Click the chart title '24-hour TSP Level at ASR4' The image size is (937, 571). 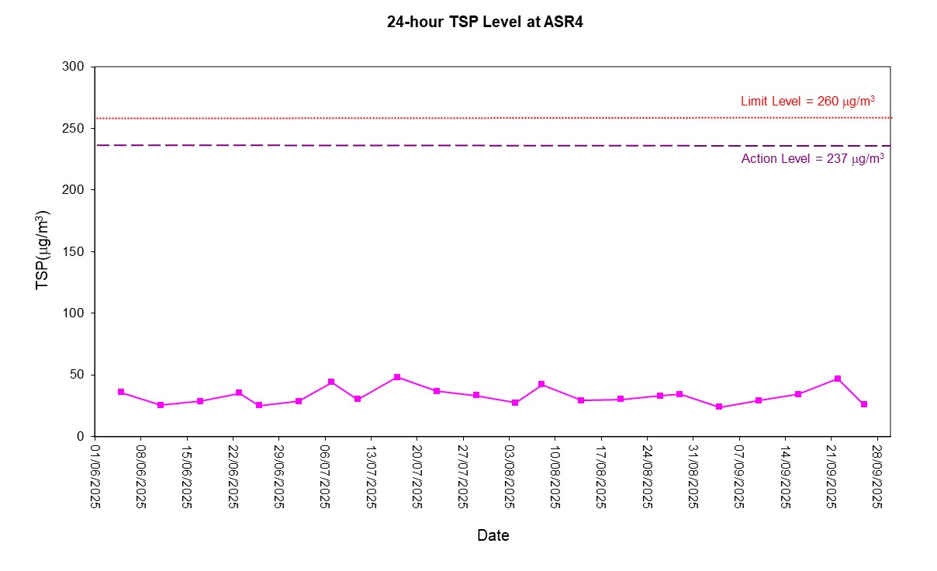(485, 22)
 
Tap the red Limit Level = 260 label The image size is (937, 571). (807, 101)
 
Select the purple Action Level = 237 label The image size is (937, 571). (812, 159)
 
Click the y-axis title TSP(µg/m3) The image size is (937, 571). (43, 251)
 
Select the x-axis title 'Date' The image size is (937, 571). (493, 535)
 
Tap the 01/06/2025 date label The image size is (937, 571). (95, 476)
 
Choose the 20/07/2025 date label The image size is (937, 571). (417, 476)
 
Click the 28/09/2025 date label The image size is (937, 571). (877, 476)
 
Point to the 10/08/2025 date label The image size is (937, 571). (555, 476)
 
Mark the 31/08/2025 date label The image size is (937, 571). (693, 476)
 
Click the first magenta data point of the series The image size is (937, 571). (121, 392)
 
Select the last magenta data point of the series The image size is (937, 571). (863, 404)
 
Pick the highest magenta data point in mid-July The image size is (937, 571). (397, 377)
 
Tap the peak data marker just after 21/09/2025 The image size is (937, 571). (838, 379)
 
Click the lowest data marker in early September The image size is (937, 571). (719, 407)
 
